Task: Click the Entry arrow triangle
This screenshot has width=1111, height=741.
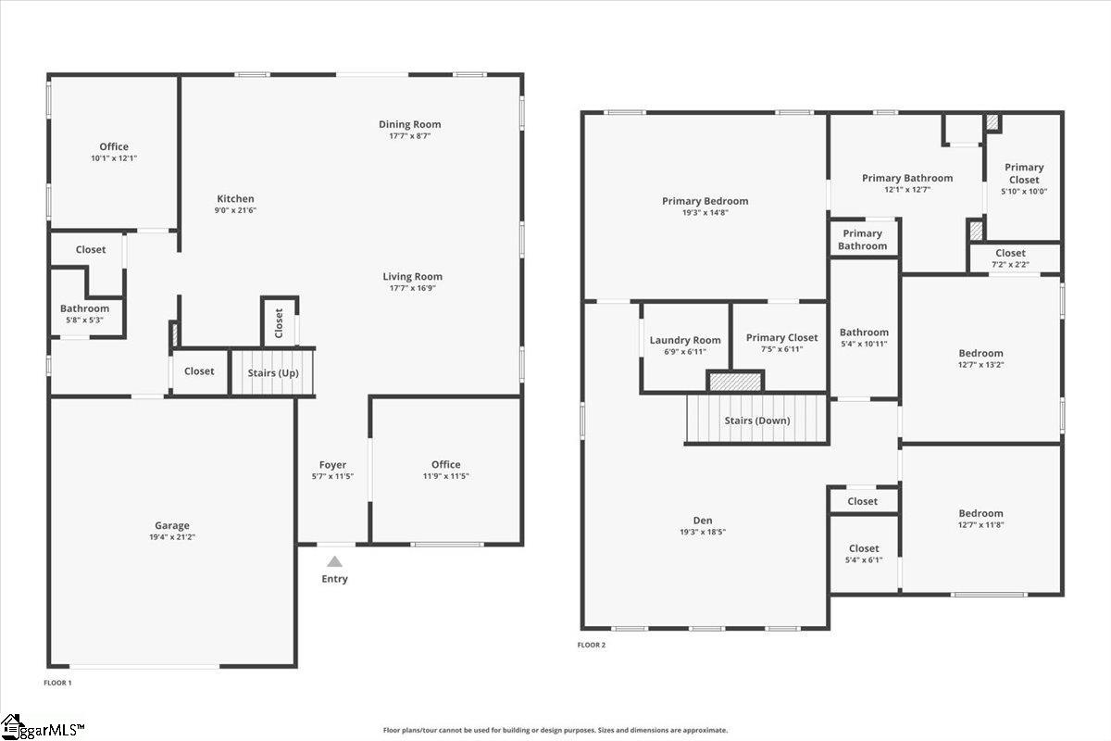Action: point(334,561)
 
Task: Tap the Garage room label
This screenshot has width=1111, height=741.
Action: point(172,525)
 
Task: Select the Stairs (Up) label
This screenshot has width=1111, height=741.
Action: point(273,372)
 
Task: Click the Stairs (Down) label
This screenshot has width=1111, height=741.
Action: point(757,421)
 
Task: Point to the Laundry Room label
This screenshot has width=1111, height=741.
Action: point(685,340)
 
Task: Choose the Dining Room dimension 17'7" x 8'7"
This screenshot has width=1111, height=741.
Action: point(410,136)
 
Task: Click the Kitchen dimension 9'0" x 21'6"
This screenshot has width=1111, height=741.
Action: point(235,210)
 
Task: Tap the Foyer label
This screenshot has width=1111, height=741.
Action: point(332,465)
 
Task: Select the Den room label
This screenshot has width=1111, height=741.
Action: point(704,521)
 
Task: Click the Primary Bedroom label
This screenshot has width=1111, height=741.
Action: point(705,201)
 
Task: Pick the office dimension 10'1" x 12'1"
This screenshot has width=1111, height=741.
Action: point(114,158)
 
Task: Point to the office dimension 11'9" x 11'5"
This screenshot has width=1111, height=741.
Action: point(445,476)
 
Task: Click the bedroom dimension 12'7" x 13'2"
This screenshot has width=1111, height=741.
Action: point(980,365)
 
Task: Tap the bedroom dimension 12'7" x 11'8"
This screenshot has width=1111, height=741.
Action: point(980,525)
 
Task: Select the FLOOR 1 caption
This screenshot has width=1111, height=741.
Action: point(57,683)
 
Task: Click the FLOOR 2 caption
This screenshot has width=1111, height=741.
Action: point(592,645)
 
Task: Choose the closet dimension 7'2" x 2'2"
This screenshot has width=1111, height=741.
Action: point(1010,265)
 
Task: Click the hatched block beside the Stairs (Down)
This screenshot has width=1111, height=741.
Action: point(735,381)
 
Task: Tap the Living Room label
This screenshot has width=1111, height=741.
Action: point(413,276)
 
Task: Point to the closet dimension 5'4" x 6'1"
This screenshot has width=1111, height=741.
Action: point(864,559)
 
